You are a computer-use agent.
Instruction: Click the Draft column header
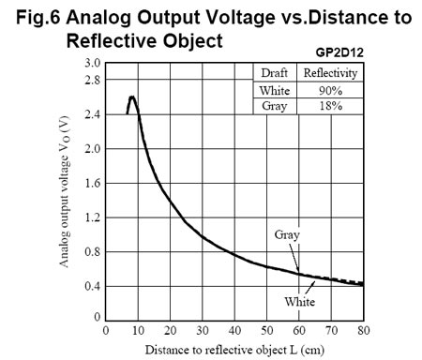(x=275, y=74)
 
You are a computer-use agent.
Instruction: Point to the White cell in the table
(x=275, y=90)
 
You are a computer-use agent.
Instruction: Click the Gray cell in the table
(x=275, y=106)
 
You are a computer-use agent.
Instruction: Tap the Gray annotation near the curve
(x=288, y=234)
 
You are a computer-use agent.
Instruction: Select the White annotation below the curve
(x=301, y=302)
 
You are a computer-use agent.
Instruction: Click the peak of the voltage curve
(x=132, y=97)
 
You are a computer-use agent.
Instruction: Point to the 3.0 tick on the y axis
(x=92, y=63)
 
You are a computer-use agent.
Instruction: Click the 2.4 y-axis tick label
(x=92, y=114)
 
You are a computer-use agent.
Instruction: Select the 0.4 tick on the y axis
(x=92, y=286)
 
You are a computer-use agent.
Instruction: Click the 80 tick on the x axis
(x=363, y=331)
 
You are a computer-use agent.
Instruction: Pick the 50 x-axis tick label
(x=266, y=331)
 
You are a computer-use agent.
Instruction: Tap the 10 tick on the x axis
(x=138, y=331)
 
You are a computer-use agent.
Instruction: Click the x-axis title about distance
(x=234, y=350)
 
